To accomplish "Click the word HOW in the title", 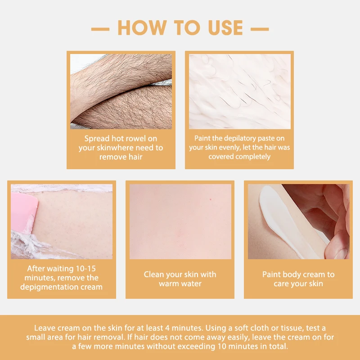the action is point(142,27).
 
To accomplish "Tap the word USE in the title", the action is point(225,27).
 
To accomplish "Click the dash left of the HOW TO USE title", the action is point(100,29).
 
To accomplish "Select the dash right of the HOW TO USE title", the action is point(260,29).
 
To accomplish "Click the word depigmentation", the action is point(48,287).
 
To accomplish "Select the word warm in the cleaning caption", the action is point(168,283).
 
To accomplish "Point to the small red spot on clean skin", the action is point(211,199).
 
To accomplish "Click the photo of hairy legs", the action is point(121,91).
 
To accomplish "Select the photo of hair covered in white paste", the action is point(240,91).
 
